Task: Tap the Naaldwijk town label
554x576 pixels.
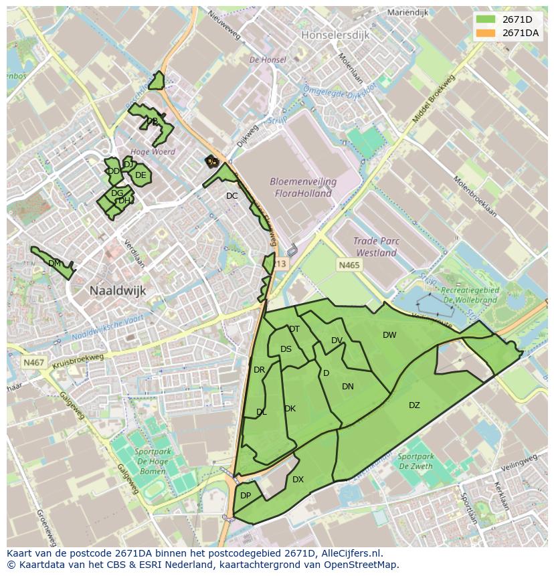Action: click(x=117, y=291)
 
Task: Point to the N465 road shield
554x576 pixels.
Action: click(x=349, y=266)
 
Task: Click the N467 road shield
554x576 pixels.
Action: click(x=33, y=363)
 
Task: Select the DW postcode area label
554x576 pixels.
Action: click(x=389, y=335)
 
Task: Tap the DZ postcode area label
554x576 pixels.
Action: click(x=414, y=405)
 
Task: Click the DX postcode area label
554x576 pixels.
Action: click(x=298, y=480)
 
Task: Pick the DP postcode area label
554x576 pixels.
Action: click(x=246, y=496)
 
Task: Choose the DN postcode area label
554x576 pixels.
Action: click(x=348, y=387)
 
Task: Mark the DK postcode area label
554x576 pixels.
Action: click(x=290, y=409)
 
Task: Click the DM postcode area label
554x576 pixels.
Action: click(x=55, y=264)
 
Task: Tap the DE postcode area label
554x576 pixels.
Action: click(x=141, y=176)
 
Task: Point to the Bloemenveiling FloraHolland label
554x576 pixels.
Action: click(x=303, y=188)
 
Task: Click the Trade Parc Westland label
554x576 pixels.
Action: click(x=376, y=248)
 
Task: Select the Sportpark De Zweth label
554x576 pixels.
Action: click(x=415, y=462)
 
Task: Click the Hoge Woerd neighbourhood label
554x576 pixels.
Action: click(x=153, y=152)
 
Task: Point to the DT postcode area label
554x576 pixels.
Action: click(x=294, y=329)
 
